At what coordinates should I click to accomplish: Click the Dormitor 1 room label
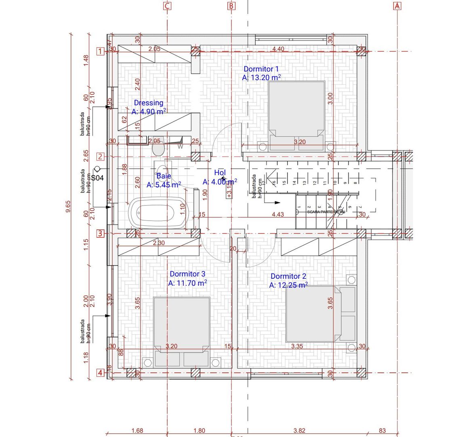[261, 69]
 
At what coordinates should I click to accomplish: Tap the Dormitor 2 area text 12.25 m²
[288, 285]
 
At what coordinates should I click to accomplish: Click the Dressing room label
[149, 103]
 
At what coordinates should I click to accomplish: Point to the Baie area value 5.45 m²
[164, 185]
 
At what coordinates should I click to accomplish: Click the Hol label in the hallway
[220, 173]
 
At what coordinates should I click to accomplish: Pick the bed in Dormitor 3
[182, 328]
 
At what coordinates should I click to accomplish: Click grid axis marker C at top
[167, 6]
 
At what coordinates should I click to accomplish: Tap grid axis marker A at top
[397, 6]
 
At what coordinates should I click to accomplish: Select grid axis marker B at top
[231, 6]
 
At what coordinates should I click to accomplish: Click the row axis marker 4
[100, 373]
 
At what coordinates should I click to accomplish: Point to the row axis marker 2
[100, 157]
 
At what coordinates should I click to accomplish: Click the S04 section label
[97, 177]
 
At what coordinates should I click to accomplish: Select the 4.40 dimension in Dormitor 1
[278, 49]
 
